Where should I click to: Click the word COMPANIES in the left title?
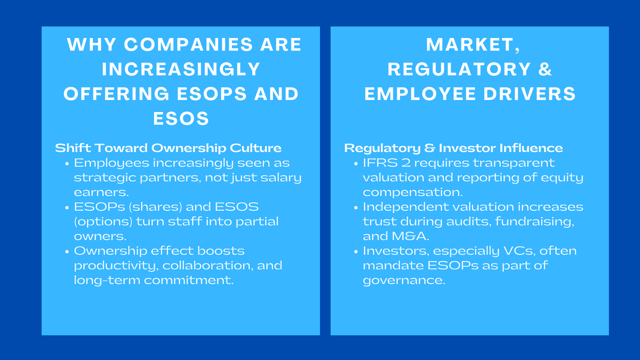coord(188,44)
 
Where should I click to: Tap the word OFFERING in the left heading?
coord(116,94)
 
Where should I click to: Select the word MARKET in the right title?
coord(470,44)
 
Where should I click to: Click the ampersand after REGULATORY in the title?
coord(545,69)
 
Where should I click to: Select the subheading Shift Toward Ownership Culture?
coord(168,148)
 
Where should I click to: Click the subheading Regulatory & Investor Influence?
coord(453,148)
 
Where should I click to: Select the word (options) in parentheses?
coord(103,222)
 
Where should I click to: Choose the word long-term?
coord(107,280)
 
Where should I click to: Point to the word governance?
coord(404,280)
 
